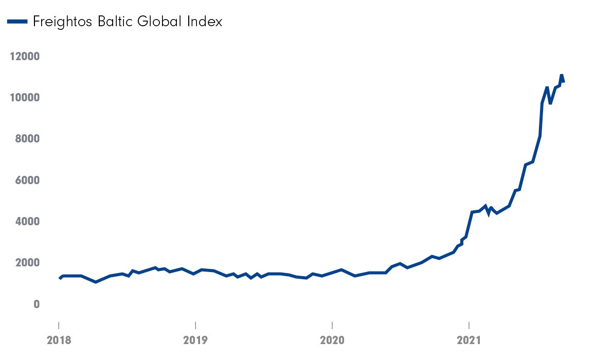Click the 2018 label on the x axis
(59, 340)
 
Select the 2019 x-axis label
(195, 340)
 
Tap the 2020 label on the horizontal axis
(332, 340)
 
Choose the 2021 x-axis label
(469, 340)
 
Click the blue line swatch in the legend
(16, 22)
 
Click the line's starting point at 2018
(60, 278)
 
